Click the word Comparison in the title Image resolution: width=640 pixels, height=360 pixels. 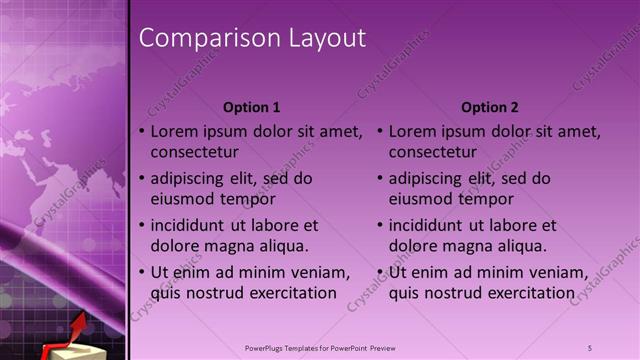196,39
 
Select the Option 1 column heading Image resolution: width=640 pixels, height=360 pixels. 252,107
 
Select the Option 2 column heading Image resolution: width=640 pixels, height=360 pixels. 490,107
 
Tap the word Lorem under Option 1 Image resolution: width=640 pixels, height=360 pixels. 173,131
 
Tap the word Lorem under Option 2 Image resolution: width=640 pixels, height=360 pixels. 411,131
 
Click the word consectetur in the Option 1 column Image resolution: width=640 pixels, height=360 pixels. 194,153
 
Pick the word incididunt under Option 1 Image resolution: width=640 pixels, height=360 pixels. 190,225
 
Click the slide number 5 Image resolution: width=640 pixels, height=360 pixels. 590,347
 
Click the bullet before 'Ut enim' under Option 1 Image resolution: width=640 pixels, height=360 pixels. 141,272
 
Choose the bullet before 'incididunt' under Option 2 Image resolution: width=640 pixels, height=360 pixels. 380,225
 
